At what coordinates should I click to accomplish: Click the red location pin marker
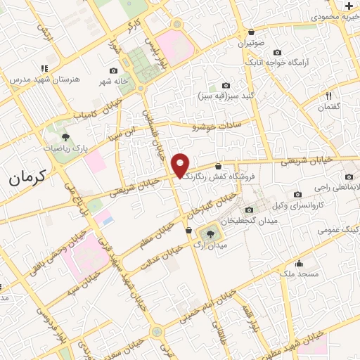pyautogui.click(x=181, y=166)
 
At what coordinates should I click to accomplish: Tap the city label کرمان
pyautogui.click(x=27, y=176)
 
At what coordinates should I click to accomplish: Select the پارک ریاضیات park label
pyautogui.click(x=65, y=148)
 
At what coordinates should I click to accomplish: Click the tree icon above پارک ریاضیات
pyautogui.click(x=65, y=137)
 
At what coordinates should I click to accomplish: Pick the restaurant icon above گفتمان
pyautogui.click(x=328, y=96)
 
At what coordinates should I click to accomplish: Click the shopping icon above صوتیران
pyautogui.click(x=252, y=32)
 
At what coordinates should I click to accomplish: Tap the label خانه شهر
pyautogui.click(x=114, y=81)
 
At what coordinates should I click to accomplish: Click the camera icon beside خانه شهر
pyautogui.click(x=114, y=70)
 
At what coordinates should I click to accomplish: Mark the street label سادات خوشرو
pyautogui.click(x=217, y=126)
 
